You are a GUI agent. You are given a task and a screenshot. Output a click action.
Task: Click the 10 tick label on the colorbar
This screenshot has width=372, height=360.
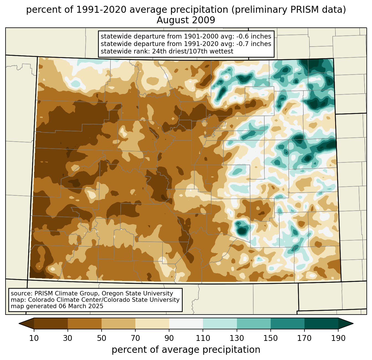point(34,338)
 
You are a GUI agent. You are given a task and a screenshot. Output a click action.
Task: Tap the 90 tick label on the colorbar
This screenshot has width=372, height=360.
point(169,338)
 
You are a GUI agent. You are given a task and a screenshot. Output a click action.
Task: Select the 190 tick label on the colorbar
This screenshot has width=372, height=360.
point(338,338)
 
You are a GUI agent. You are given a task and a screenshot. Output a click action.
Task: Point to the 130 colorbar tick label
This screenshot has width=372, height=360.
point(237,338)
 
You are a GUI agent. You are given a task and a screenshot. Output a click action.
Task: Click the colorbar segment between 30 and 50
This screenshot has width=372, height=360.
point(85,323)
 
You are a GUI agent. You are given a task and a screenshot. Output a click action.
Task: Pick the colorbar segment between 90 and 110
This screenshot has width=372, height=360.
point(186,323)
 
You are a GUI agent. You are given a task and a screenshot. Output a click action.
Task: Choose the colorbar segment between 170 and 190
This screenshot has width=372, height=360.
point(321,323)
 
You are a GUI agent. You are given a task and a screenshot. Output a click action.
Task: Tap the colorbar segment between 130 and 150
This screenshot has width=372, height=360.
point(254,323)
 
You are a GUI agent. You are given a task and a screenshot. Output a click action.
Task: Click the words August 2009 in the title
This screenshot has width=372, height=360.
point(186,20)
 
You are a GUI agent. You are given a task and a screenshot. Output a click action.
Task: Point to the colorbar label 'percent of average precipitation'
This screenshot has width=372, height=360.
point(186,350)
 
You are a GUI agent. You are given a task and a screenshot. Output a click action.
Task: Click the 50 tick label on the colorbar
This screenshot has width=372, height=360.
point(102,338)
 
